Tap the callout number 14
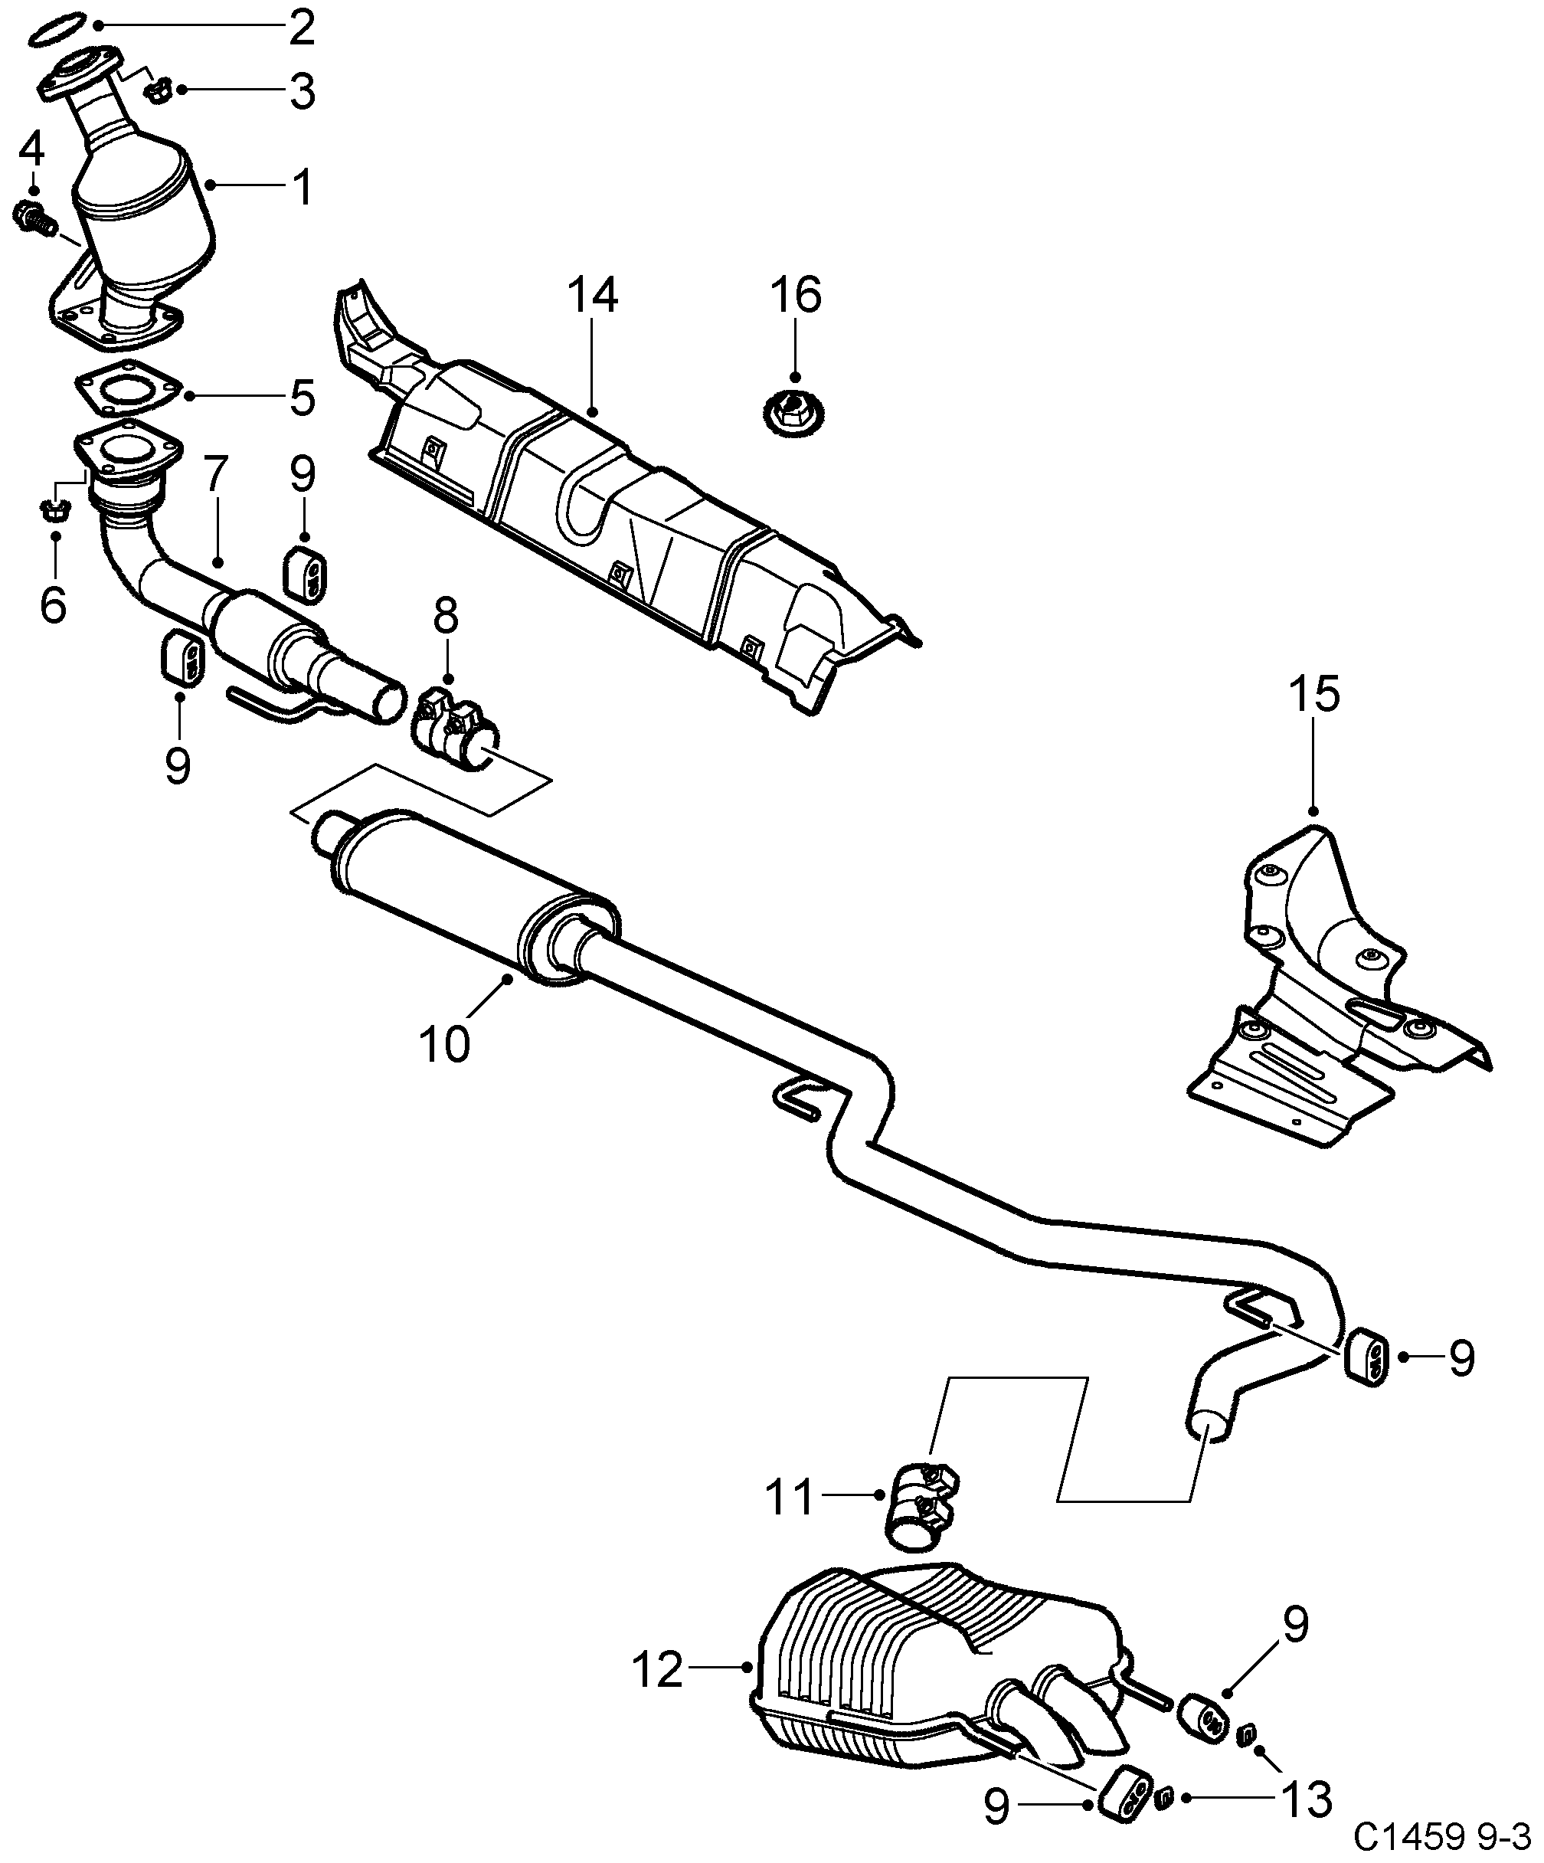pos(593,296)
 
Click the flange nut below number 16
pos(793,414)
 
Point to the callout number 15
pos(1314,695)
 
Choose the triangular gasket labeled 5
pos(127,391)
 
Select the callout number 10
pos(444,1044)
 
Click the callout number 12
pos(658,1670)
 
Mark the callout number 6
pos(53,605)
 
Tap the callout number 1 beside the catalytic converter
pos(303,187)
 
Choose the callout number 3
pos(303,91)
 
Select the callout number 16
pos(796,296)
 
